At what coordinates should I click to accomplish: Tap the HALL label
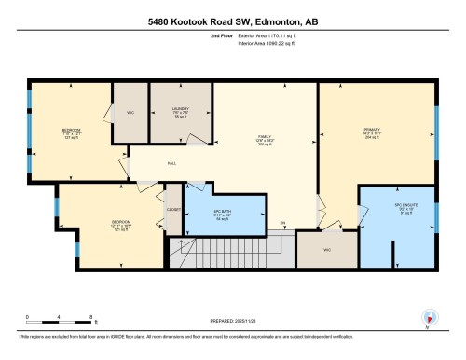point(171,164)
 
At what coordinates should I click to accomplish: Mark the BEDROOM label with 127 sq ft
point(72,130)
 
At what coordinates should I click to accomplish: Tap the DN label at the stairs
point(281,222)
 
